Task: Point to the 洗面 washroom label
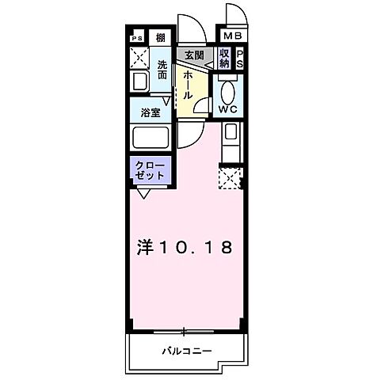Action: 162,69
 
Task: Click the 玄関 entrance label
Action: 193,55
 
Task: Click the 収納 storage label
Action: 223,57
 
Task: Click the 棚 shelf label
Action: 160,37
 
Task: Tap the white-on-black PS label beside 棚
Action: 138,37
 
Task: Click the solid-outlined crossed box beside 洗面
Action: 139,58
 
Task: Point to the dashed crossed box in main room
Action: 230,179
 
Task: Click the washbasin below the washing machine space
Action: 139,82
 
